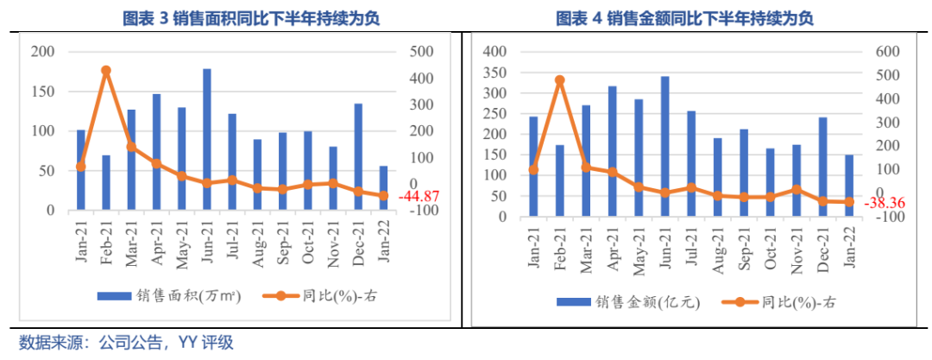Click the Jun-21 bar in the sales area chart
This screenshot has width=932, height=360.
click(206, 139)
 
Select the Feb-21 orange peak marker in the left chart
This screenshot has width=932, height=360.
click(106, 71)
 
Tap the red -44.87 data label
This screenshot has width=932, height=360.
click(419, 197)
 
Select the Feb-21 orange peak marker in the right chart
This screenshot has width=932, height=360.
click(559, 80)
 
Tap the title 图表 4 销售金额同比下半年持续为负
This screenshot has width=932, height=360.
click(684, 18)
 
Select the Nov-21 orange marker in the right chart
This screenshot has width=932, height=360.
click(797, 190)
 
